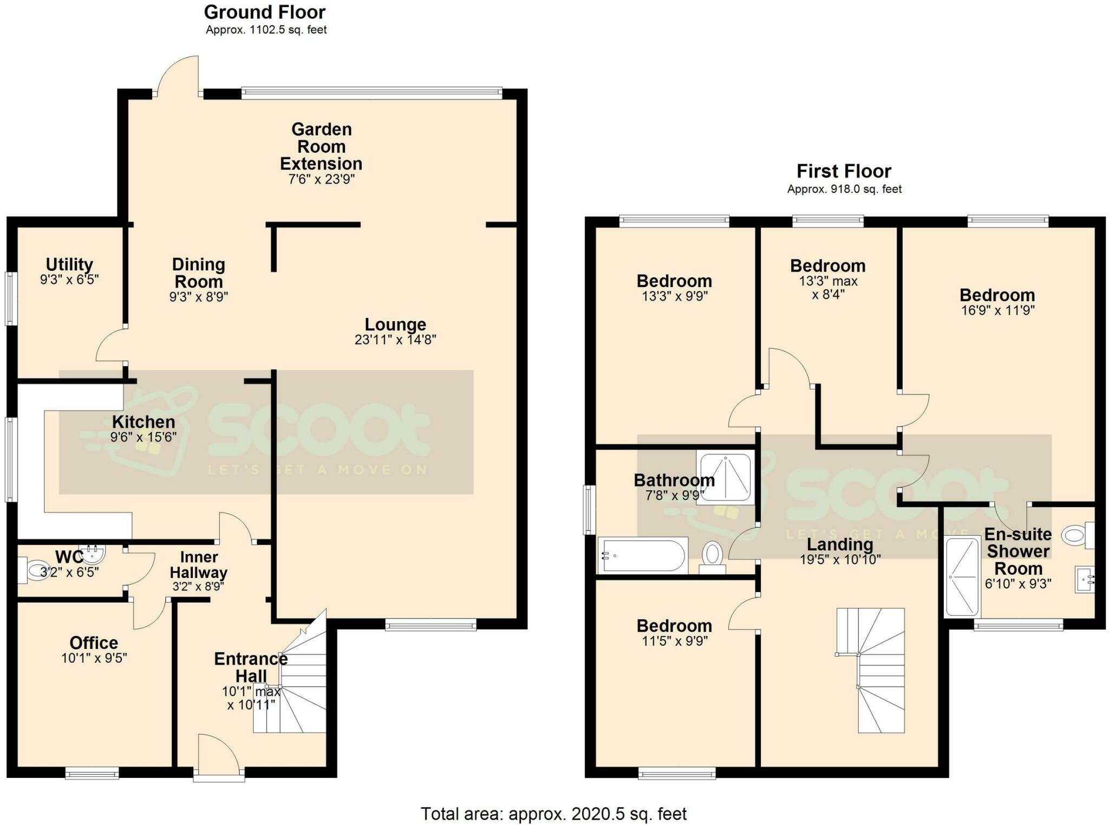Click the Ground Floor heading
tap(264, 12)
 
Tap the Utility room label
tap(69, 264)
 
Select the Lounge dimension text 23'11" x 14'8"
tap(395, 340)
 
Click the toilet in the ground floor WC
tap(36, 570)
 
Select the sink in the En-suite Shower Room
tap(1085, 579)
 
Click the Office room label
tap(94, 642)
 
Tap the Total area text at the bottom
tap(553, 813)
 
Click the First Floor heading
tap(843, 171)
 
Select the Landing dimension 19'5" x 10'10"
tap(840, 560)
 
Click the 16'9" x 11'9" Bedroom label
tap(997, 295)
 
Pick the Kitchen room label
tap(143, 421)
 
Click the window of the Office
tap(92, 774)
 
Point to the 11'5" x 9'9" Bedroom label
tap(674, 626)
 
